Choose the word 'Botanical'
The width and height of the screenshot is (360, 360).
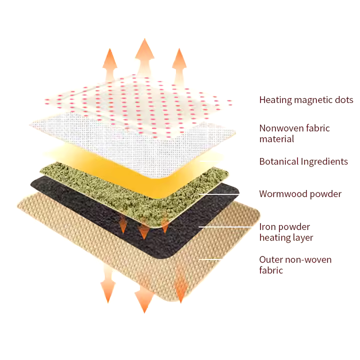click(x=278, y=161)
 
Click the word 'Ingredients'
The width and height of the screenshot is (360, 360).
click(x=324, y=162)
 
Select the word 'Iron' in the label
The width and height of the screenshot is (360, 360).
click(x=267, y=227)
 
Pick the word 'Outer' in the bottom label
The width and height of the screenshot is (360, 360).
click(x=270, y=259)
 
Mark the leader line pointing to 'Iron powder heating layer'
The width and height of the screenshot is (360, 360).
click(x=225, y=227)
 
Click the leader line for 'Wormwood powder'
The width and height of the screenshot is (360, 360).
click(x=219, y=194)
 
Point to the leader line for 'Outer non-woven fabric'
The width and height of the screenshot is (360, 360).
click(x=210, y=259)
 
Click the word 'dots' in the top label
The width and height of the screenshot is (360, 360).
click(x=344, y=99)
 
